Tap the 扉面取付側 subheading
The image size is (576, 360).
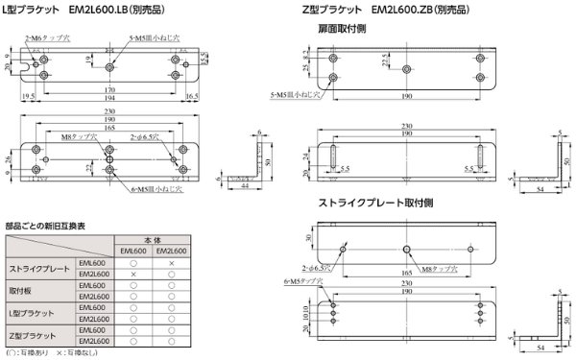[342, 29]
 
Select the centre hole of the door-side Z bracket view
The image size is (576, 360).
[408, 68]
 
